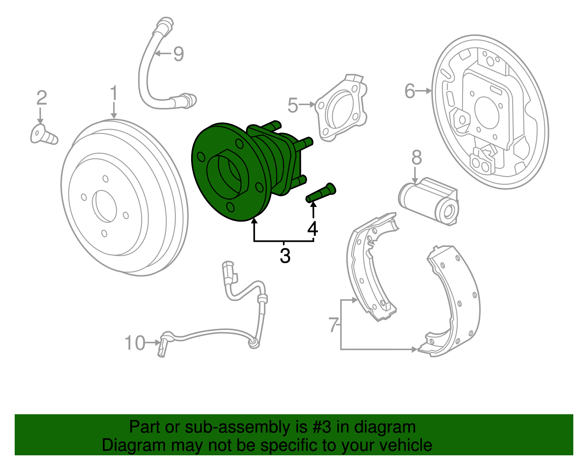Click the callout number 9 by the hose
179,54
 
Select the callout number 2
42,98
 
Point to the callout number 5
293,105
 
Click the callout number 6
409,91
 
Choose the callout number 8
416,158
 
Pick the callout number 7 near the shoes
333,325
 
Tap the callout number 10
135,343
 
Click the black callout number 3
285,256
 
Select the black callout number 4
313,229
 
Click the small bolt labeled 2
43,135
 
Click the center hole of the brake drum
105,206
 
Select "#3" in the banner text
322,427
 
